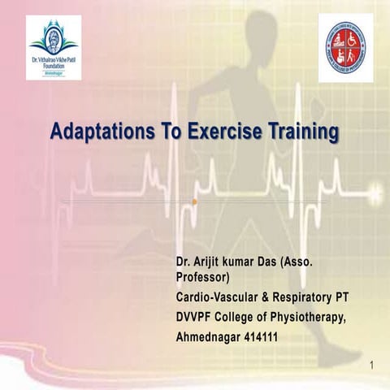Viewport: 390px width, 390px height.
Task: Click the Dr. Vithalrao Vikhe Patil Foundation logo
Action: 54,47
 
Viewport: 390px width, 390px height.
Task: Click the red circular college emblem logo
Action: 345,47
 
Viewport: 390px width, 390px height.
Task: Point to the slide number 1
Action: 370,366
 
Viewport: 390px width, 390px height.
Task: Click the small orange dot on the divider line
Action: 195,201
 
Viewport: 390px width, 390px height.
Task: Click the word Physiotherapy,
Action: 317,317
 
